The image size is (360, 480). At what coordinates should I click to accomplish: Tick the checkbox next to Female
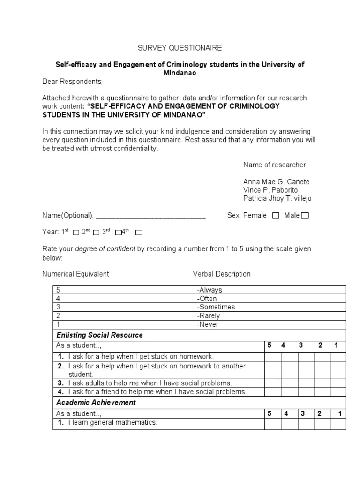(x=276, y=216)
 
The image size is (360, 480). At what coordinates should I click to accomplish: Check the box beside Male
(x=305, y=216)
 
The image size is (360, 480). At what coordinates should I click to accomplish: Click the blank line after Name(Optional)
(x=150, y=216)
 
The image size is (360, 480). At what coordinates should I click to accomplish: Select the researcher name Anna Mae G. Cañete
(x=276, y=181)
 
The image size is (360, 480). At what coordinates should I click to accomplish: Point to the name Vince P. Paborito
(x=270, y=190)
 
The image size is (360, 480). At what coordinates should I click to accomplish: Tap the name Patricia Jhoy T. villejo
(x=277, y=198)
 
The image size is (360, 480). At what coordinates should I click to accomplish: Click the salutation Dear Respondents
(x=72, y=81)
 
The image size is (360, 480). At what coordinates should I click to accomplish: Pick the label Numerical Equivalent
(x=75, y=274)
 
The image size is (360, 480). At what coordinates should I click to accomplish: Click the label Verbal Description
(x=222, y=274)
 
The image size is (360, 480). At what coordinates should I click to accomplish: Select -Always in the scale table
(x=210, y=290)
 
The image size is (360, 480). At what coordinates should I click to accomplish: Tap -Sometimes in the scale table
(x=216, y=307)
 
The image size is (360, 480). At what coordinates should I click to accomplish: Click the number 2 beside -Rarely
(x=58, y=315)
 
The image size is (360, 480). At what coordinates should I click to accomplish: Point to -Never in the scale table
(x=208, y=324)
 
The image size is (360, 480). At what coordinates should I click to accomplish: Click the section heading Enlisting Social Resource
(x=99, y=335)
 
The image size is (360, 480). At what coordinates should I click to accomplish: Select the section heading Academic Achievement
(x=96, y=402)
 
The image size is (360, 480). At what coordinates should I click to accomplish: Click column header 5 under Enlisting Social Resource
(x=270, y=345)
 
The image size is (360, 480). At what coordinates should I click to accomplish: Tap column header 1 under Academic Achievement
(x=340, y=413)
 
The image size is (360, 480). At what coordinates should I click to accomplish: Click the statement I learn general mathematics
(x=112, y=422)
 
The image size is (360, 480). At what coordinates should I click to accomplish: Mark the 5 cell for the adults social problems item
(x=272, y=383)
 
